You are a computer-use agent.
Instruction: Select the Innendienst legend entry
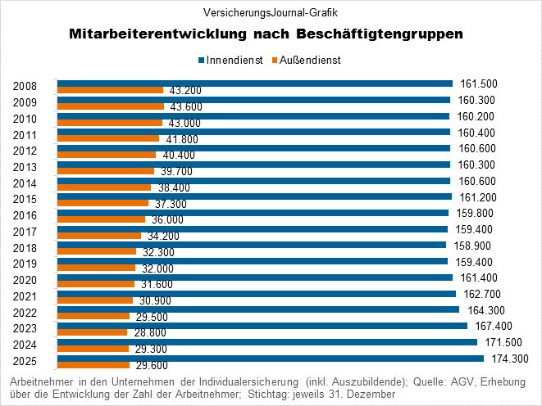coord(231,60)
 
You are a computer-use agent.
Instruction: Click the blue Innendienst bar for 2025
coord(271,358)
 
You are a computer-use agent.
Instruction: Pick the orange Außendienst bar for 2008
coord(110,89)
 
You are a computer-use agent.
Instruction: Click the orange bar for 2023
coord(92,332)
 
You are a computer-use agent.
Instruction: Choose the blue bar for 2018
coord(252,245)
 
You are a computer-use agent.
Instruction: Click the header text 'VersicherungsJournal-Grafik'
coord(271,12)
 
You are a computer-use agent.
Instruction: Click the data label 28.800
coord(149,332)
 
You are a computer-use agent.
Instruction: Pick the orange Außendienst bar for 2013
coord(106,170)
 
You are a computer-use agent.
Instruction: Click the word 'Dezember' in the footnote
coord(371,394)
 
